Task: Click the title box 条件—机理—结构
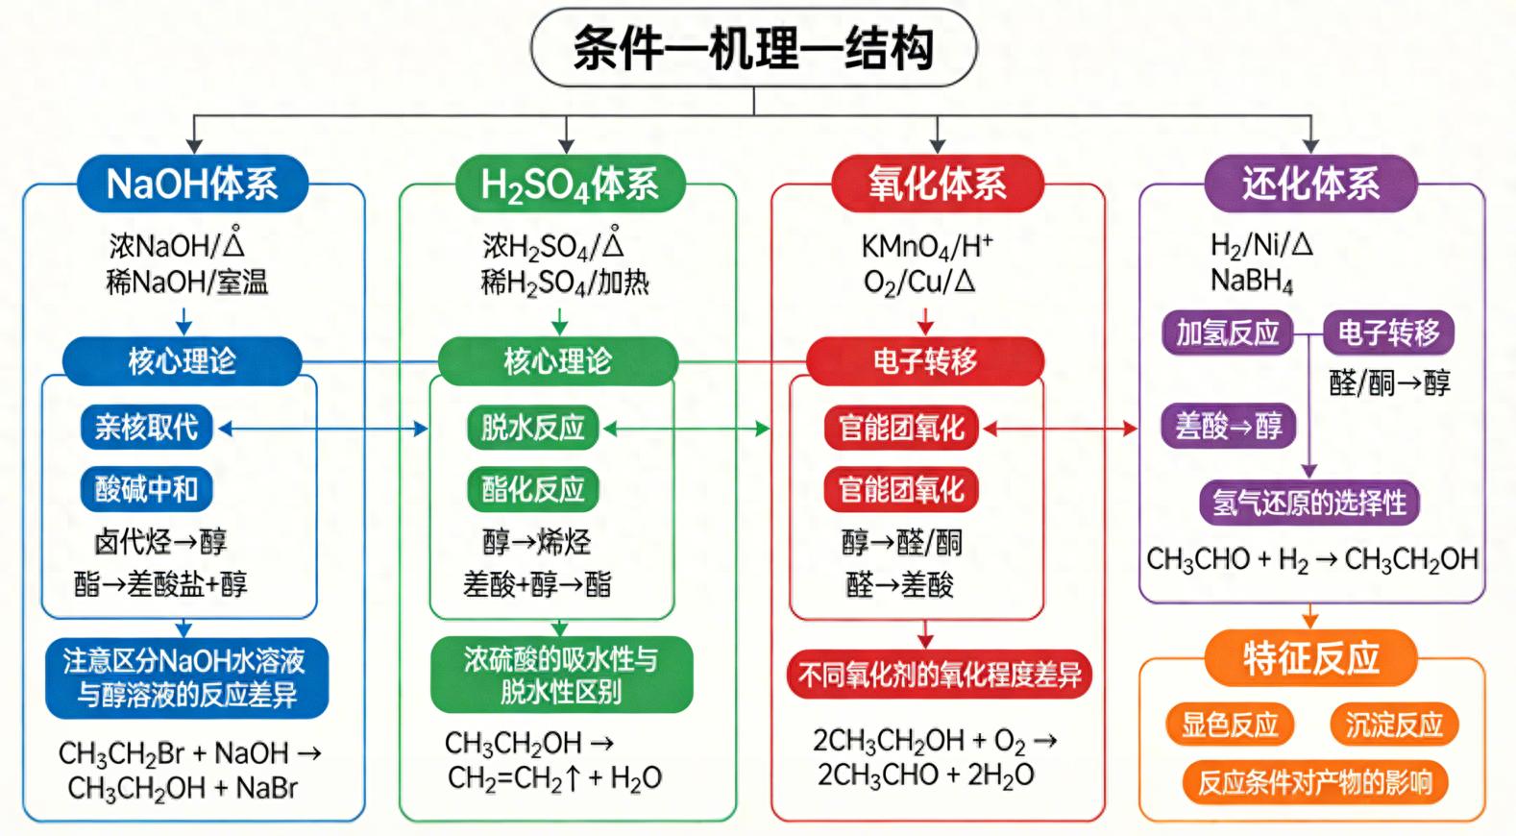click(753, 48)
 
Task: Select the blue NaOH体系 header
click(192, 184)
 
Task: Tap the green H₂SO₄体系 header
click(569, 184)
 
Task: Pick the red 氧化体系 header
click(937, 184)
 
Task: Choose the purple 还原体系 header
click(1310, 184)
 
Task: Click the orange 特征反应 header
click(1310, 658)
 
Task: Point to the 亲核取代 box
click(146, 428)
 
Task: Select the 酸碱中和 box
click(146, 489)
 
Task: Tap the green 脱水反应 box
click(532, 428)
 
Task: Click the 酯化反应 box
click(532, 489)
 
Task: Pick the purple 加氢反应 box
click(1228, 333)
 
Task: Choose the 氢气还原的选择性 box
click(1308, 502)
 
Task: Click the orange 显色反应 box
click(1230, 725)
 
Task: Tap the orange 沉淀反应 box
click(1394, 725)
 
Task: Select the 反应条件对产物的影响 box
click(1314, 782)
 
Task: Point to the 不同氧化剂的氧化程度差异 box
click(939, 675)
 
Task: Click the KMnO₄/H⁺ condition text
click(926, 247)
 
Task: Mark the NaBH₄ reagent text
click(1252, 281)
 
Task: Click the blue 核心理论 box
click(182, 361)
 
